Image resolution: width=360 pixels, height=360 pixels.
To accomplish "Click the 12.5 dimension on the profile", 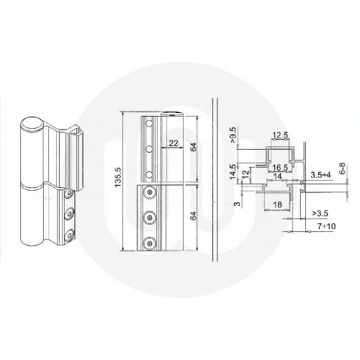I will (x=280, y=135).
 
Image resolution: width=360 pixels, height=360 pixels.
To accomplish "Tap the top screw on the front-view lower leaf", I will (x=149, y=193).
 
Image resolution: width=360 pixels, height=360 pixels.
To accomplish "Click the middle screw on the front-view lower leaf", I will (x=149, y=217).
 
